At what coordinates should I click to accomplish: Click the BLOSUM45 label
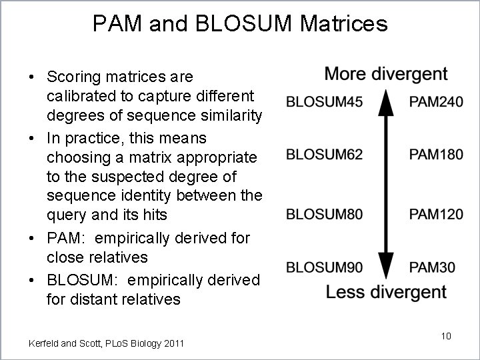(x=324, y=102)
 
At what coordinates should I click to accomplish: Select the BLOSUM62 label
(x=324, y=155)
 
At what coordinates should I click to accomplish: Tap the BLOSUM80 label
(x=324, y=214)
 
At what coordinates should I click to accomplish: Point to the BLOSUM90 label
(x=324, y=268)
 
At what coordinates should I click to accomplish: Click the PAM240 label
(x=436, y=102)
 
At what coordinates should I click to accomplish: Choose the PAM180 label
(x=436, y=155)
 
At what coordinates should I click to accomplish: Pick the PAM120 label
(x=436, y=214)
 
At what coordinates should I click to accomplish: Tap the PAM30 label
(x=432, y=268)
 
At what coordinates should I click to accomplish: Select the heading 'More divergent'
(x=386, y=74)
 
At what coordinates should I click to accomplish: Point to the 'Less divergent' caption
(x=386, y=292)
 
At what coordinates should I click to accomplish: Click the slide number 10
(x=446, y=336)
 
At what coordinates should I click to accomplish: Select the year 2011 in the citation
(x=172, y=343)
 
